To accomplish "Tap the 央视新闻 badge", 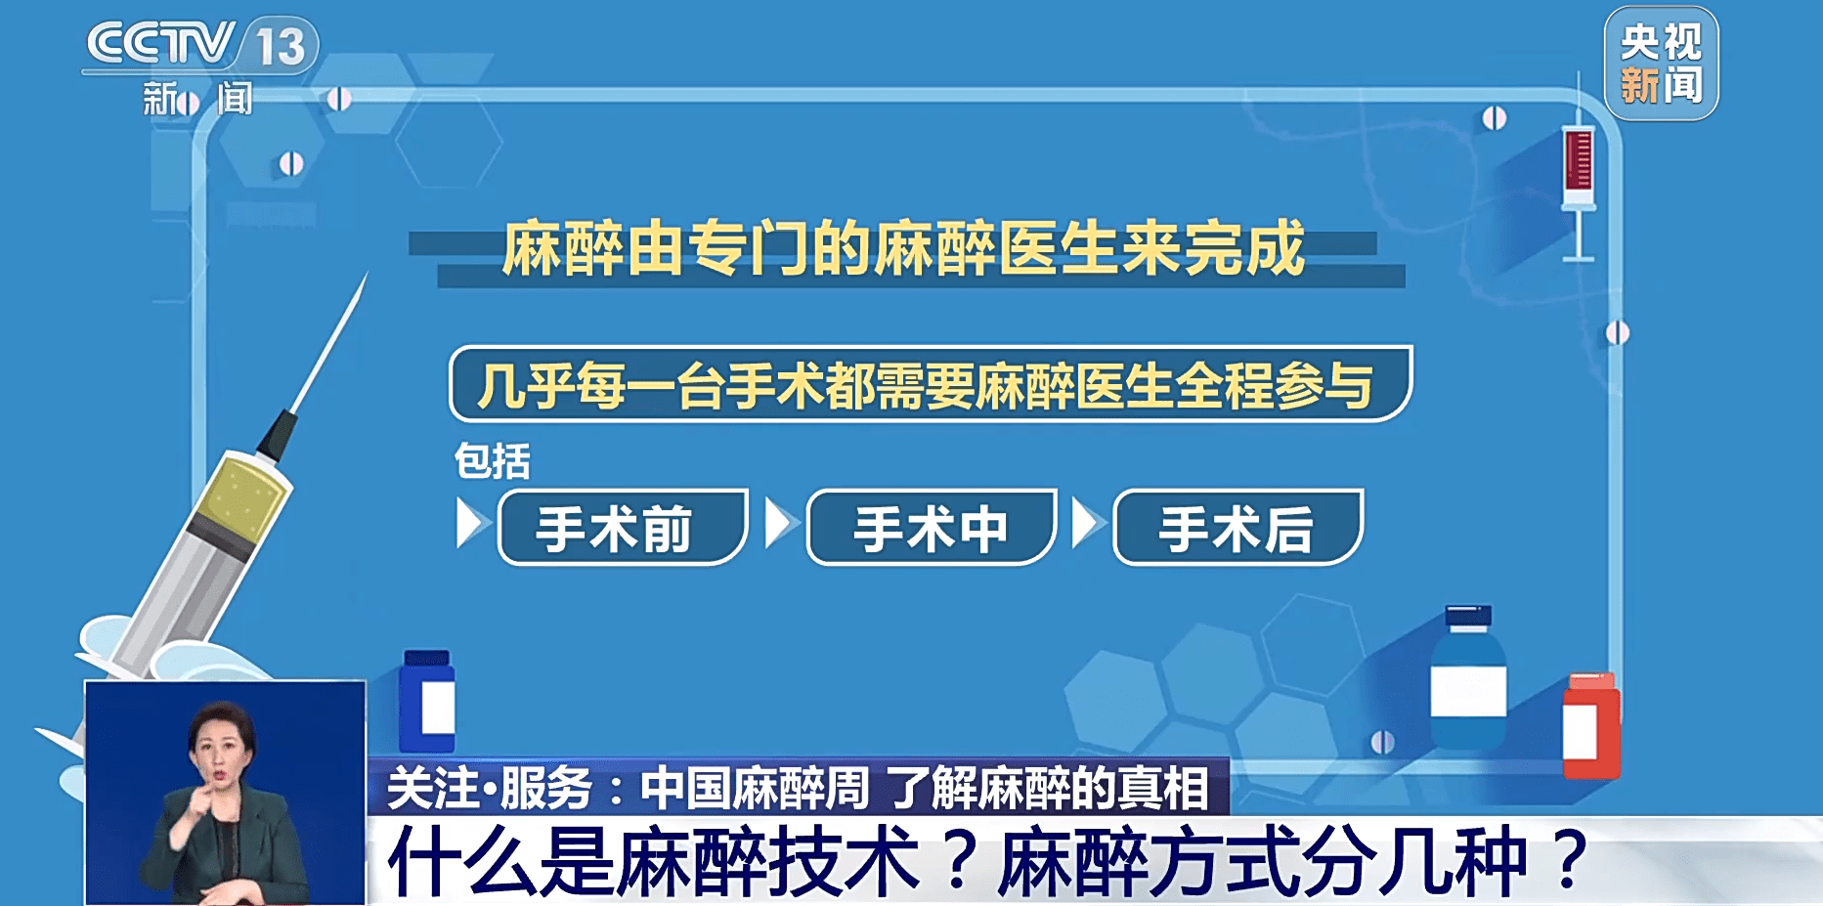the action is [x=1661, y=64].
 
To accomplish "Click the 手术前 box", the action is [x=623, y=528].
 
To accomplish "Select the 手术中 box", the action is [x=931, y=528].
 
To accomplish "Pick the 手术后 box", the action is [x=1237, y=528].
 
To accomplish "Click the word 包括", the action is [x=493, y=461].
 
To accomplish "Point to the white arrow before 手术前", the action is [x=470, y=524].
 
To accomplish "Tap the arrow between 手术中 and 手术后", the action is [x=1086, y=524].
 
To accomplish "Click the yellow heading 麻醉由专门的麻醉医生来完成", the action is [x=904, y=248].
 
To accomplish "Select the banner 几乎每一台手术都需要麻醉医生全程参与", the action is [x=930, y=384].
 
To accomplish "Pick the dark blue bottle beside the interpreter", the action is [x=427, y=702].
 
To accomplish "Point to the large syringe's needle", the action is [x=329, y=342].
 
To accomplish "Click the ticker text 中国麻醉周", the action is [x=754, y=788].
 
